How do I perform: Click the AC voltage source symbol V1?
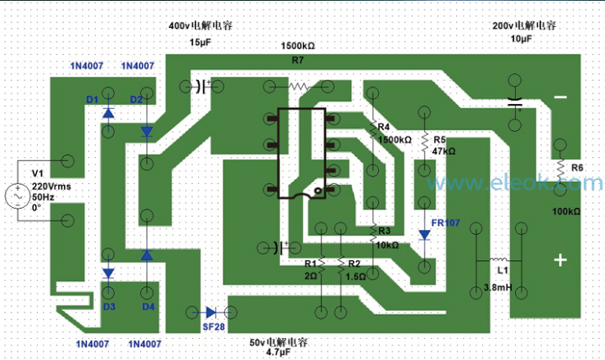[18, 196]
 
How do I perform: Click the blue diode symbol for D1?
[108, 113]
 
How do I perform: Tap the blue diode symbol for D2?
[147, 132]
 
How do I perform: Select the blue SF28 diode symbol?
[210, 313]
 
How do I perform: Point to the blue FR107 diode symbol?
[424, 235]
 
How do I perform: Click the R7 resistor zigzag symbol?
[298, 87]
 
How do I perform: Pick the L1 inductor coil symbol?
[499, 260]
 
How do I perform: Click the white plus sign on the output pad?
[560, 260]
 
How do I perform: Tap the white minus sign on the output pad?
[560, 97]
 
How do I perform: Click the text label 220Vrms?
[52, 187]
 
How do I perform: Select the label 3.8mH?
[498, 287]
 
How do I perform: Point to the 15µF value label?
[201, 42]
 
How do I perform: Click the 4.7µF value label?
[278, 352]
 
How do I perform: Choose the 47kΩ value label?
[444, 151]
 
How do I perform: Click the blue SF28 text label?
[214, 326]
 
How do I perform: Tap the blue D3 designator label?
[109, 307]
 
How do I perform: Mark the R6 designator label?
[577, 168]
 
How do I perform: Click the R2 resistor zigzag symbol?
[341, 265]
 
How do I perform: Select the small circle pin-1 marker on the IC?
[318, 191]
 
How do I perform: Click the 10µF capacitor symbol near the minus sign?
[515, 102]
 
